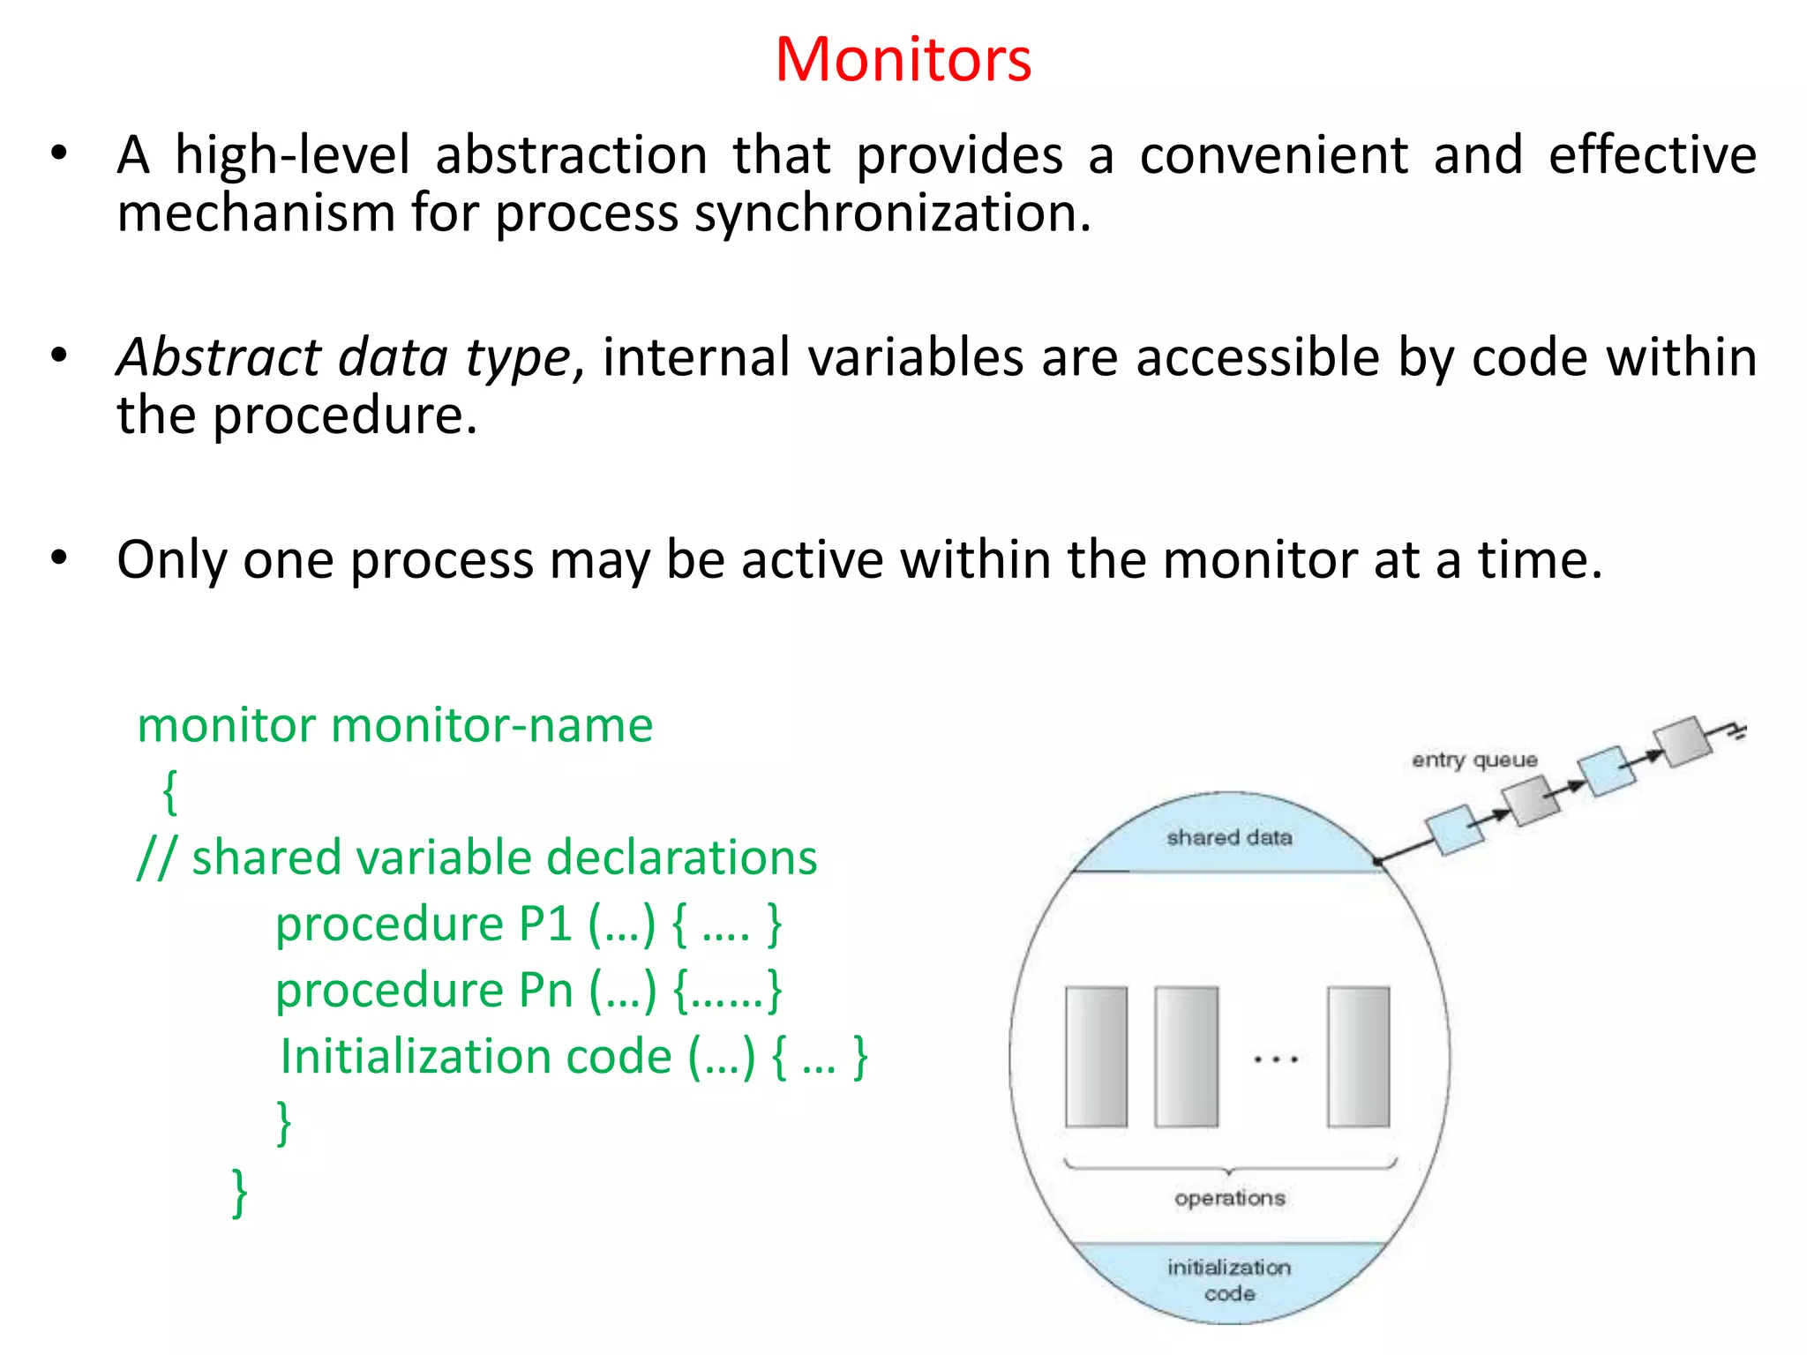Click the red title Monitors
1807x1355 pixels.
tap(903, 60)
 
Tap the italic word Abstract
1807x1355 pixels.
tap(220, 358)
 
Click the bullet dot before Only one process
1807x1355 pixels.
tap(59, 558)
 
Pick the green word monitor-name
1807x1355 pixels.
tap(491, 726)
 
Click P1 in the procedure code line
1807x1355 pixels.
tap(545, 925)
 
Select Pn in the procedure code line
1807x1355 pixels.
tap(545, 991)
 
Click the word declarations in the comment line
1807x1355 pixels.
tap(681, 858)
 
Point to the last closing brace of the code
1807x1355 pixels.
tap(239, 1193)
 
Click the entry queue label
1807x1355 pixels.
tap(1473, 760)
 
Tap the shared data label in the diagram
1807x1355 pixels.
tap(1229, 837)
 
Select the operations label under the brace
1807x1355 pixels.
tap(1229, 1198)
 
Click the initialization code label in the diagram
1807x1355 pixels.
tap(1229, 1280)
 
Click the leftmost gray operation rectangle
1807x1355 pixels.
tap(1096, 1057)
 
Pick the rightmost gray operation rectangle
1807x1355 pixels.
tap(1358, 1057)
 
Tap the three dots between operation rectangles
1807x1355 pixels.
tap(1276, 1059)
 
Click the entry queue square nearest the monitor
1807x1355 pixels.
tap(1455, 829)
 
